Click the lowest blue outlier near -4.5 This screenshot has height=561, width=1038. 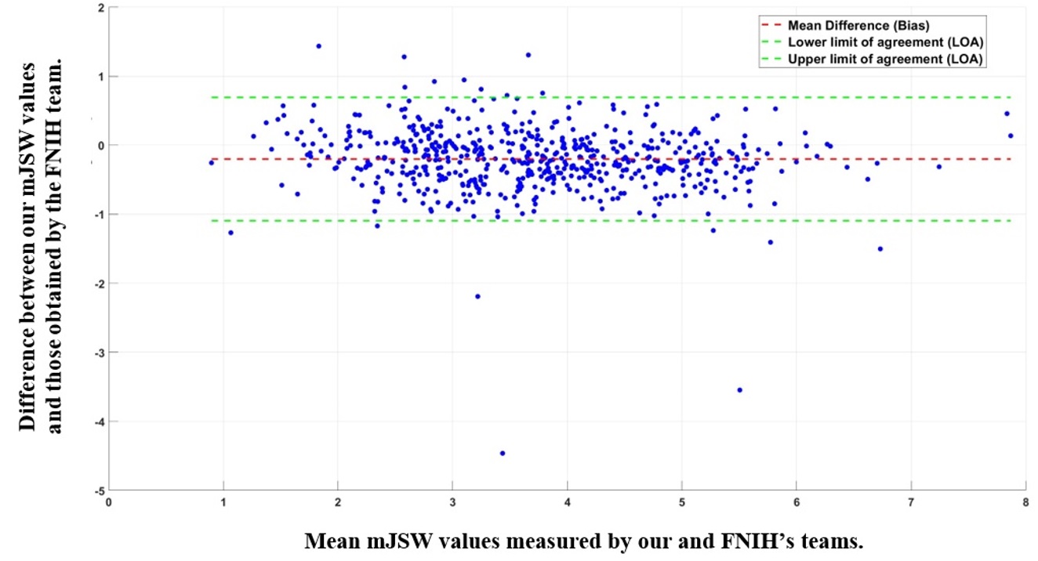[503, 453]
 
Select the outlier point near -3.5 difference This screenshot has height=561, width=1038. [739, 389]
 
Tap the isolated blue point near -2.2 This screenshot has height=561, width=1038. [477, 296]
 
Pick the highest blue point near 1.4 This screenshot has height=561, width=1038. [318, 46]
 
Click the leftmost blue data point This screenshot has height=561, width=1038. [211, 162]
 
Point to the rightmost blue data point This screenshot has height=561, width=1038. [1011, 136]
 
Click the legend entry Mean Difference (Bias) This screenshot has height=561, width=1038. [858, 26]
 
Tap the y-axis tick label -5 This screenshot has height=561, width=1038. [99, 490]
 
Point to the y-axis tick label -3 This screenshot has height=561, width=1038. [99, 353]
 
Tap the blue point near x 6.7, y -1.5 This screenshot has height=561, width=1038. [880, 248]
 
